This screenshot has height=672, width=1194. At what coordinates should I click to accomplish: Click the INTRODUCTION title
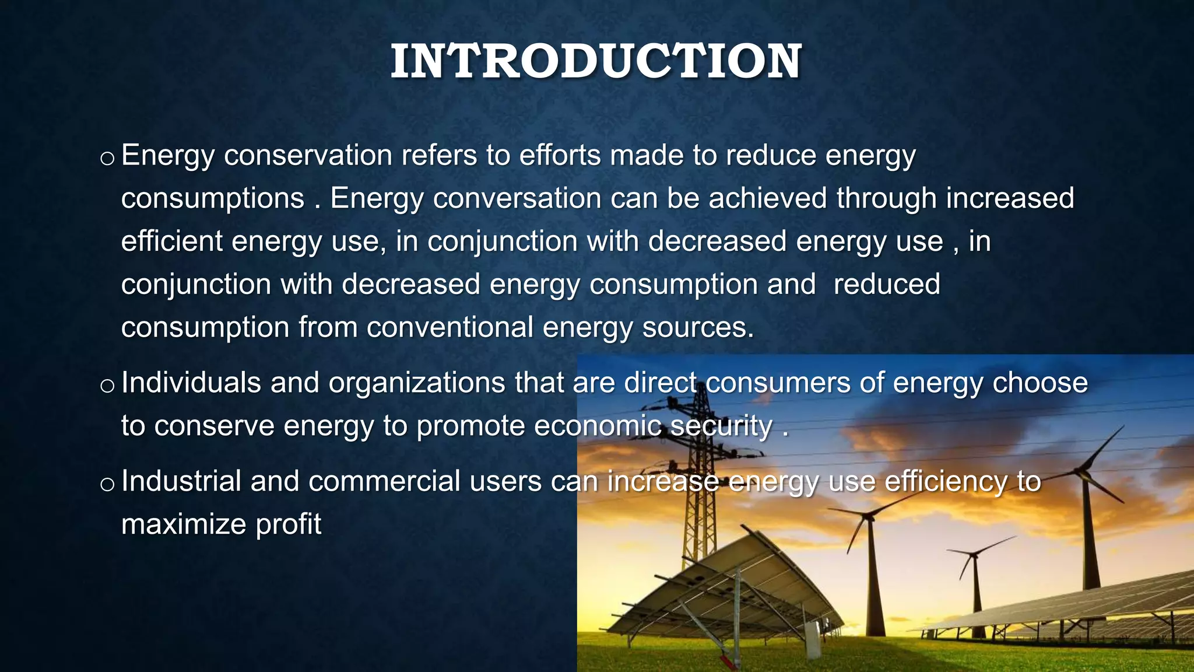tap(596, 62)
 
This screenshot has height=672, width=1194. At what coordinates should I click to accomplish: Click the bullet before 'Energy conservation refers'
tap(107, 159)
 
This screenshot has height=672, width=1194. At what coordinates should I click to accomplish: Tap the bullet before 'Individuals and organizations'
tap(107, 386)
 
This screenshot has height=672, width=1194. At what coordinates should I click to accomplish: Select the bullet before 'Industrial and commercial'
tap(107, 484)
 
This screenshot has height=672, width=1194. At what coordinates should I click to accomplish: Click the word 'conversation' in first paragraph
tap(517, 198)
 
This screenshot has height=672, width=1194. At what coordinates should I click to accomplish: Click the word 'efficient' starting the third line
tap(171, 242)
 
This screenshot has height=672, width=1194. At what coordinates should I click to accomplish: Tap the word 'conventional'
tap(449, 327)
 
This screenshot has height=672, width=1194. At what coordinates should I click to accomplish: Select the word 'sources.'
tap(698, 327)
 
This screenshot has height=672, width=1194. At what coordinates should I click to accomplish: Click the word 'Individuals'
tap(191, 383)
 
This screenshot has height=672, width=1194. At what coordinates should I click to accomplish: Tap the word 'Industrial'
tap(181, 482)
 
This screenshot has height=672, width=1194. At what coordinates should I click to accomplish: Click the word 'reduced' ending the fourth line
tap(886, 285)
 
